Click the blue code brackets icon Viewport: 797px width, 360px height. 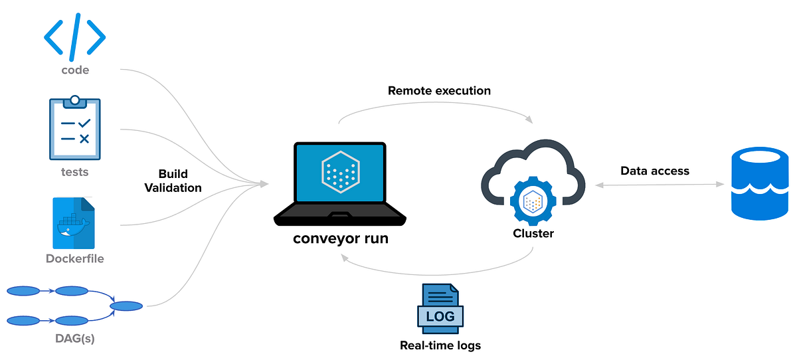[x=74, y=37]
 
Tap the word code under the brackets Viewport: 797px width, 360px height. [x=75, y=70]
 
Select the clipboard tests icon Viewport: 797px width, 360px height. [x=74, y=128]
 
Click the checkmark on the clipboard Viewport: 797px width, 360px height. [x=85, y=123]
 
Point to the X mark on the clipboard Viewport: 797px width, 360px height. [x=84, y=139]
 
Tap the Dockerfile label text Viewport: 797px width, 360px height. [x=74, y=258]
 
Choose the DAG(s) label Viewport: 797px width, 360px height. [x=74, y=338]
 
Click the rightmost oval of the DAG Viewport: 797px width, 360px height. [x=126, y=306]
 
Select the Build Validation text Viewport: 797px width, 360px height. [x=173, y=181]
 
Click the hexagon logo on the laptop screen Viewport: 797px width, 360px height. [x=341, y=172]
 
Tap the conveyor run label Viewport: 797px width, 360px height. [x=341, y=238]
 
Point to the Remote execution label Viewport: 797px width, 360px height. [x=439, y=91]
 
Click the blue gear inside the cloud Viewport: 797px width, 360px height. [x=533, y=201]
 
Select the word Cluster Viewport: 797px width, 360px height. [x=533, y=233]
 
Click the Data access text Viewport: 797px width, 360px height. [x=655, y=171]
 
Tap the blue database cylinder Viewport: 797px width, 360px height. [x=760, y=183]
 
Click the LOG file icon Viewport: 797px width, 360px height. [x=440, y=309]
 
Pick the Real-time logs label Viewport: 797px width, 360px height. [x=440, y=345]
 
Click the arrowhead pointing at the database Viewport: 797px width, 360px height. [x=720, y=184]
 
